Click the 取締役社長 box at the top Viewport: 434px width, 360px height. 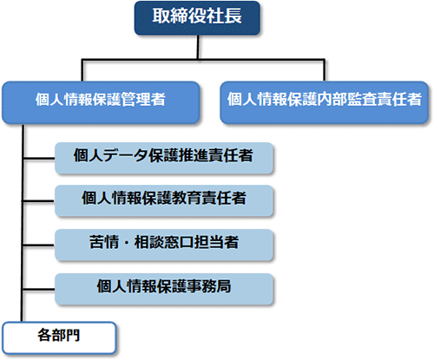click(x=197, y=18)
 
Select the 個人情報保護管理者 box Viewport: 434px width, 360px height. click(x=101, y=102)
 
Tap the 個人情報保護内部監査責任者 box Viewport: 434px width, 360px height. click(x=324, y=102)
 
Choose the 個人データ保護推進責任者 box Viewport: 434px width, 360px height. click(x=164, y=158)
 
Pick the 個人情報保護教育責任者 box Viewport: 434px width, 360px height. click(x=164, y=200)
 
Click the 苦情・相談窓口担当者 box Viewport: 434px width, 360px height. click(x=164, y=245)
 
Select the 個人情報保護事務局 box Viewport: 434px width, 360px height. click(x=164, y=289)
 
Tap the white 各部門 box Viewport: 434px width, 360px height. click(x=59, y=337)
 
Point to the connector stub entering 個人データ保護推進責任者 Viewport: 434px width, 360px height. click(x=39, y=159)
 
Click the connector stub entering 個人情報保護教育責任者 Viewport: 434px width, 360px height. click(x=39, y=201)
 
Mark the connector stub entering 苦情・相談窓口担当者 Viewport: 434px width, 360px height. click(x=39, y=245)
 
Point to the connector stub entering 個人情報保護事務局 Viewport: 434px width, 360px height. click(x=39, y=289)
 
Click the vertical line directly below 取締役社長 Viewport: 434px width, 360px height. click(x=198, y=47)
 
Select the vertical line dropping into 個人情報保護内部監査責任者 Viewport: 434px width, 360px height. click(x=325, y=70)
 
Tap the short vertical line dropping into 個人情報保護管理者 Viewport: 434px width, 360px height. click(x=82, y=70)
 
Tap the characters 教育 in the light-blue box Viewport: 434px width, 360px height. click(x=187, y=198)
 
